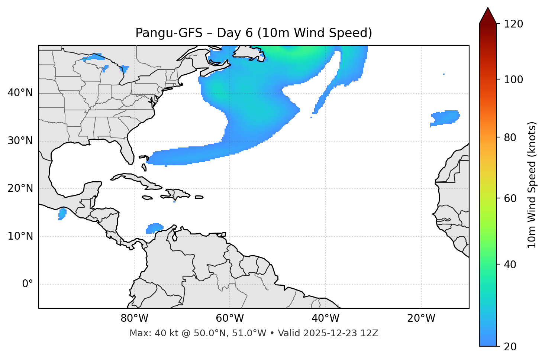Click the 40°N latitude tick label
(x=20, y=93)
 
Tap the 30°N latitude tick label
(x=20, y=141)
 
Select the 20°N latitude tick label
(x=20, y=188)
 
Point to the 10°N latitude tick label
(x=20, y=236)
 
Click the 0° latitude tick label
(x=28, y=284)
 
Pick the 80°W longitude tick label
(x=134, y=318)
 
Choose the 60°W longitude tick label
(x=230, y=318)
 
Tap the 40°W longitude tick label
(x=326, y=318)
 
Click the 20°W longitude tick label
(x=421, y=318)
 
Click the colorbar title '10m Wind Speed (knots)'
(x=532, y=185)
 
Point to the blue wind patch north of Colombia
(x=155, y=228)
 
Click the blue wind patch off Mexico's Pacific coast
(x=62, y=214)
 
